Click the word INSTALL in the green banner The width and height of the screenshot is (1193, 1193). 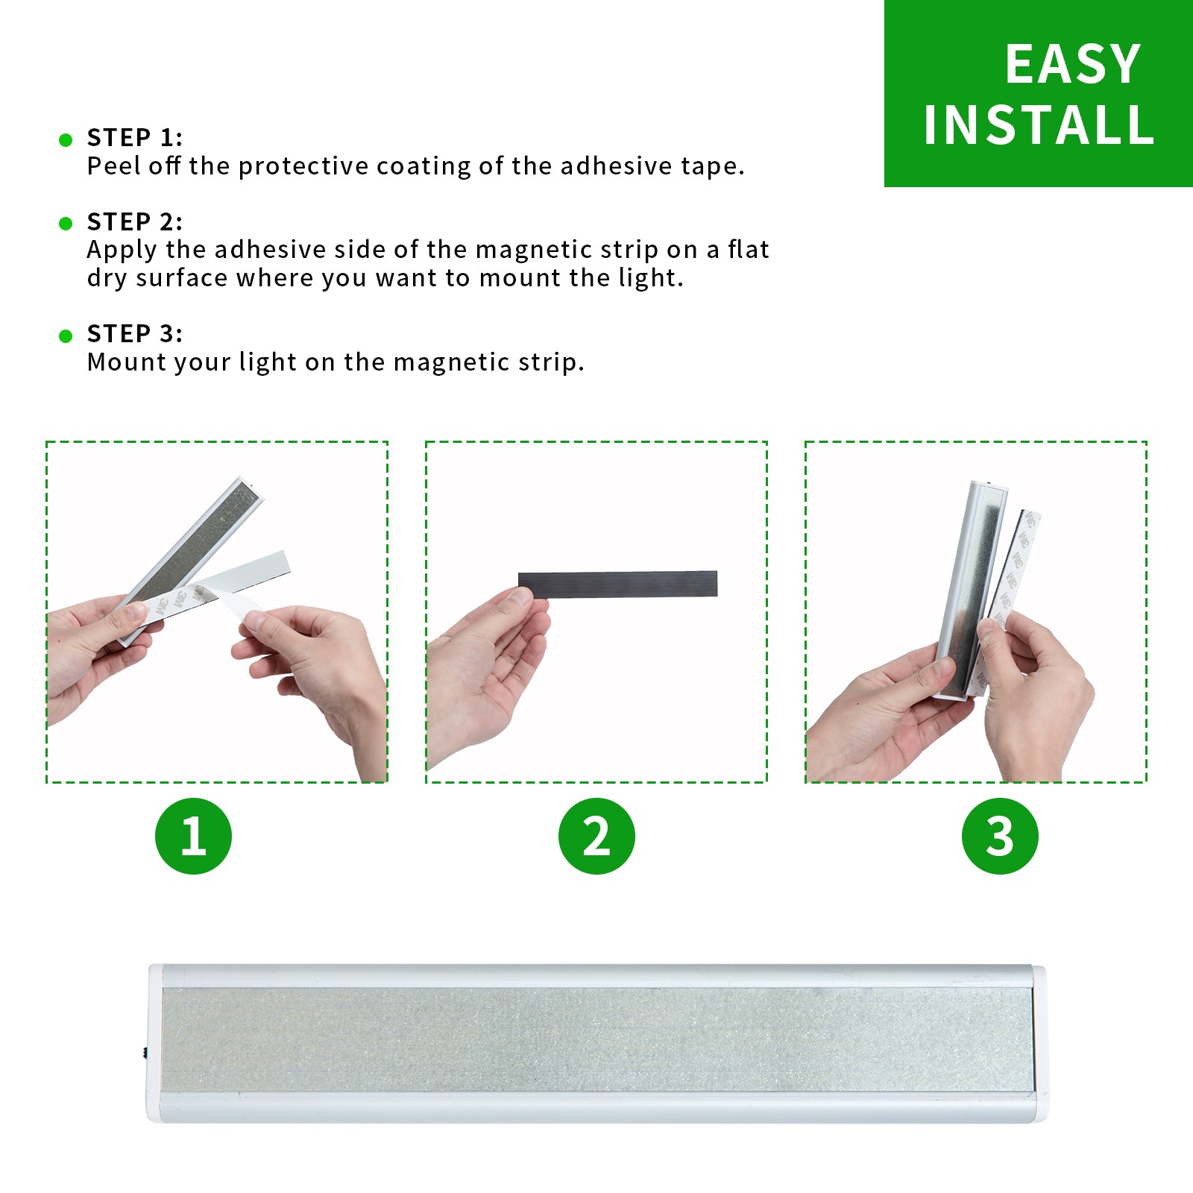(x=1039, y=125)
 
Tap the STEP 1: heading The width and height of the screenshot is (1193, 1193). (x=134, y=137)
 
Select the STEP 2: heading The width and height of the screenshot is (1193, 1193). (x=134, y=221)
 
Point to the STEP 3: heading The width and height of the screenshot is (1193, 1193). (x=134, y=333)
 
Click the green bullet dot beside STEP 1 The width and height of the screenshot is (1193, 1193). (x=66, y=139)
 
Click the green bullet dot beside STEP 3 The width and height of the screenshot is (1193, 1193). (x=66, y=336)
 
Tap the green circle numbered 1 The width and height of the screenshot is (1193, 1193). (x=193, y=836)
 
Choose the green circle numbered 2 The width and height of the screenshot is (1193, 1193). (x=596, y=836)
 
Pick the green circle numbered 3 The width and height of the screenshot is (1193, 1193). (x=1000, y=836)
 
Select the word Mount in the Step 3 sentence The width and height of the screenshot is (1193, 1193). (x=119, y=362)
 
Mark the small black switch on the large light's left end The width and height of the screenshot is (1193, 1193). (x=144, y=1052)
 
